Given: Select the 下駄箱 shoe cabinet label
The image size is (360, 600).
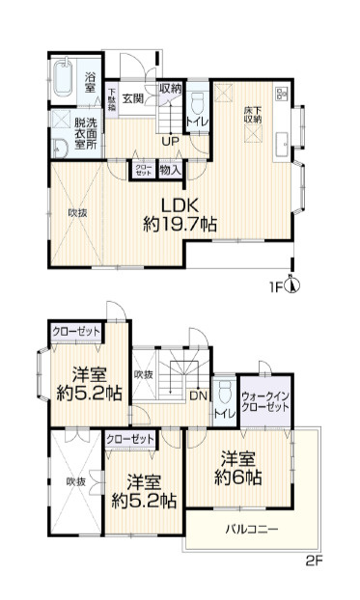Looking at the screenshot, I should click(113, 101).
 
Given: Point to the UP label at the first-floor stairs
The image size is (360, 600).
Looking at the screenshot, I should click(170, 143).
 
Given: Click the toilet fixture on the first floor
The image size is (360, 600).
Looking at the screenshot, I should click(197, 102).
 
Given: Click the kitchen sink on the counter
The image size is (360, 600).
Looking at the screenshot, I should click(282, 146).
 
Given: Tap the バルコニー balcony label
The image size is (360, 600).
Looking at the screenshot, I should click(253, 529).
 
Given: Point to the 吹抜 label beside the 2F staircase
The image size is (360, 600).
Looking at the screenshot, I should click(144, 374).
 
